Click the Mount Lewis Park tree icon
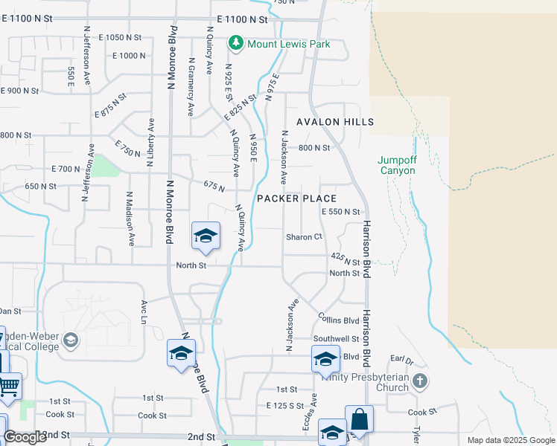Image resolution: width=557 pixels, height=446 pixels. (236, 44)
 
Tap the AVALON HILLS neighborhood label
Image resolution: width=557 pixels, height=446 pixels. (334, 122)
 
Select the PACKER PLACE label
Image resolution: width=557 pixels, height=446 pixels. (296, 198)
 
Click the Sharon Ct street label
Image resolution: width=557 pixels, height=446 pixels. (304, 237)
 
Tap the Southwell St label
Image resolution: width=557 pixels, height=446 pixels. (336, 338)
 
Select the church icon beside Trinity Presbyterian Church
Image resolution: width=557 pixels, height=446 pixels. (420, 381)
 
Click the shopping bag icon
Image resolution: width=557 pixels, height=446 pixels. (358, 418)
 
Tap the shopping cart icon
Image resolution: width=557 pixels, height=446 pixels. (8, 385)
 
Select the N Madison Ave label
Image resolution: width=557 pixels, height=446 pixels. (130, 219)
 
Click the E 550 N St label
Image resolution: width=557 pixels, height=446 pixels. (340, 213)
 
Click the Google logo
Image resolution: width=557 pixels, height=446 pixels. (25, 436)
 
